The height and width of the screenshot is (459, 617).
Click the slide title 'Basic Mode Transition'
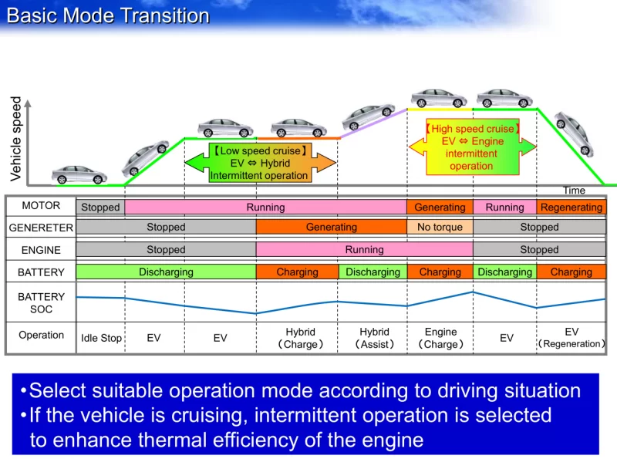[x=108, y=16]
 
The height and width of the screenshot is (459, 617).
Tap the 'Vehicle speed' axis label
[x=16, y=139]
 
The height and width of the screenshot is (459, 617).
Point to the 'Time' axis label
[x=574, y=191]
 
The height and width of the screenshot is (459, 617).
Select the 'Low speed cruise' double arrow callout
[x=261, y=163]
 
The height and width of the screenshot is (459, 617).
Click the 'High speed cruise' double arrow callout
[x=471, y=147]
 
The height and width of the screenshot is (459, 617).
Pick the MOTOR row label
[x=41, y=207]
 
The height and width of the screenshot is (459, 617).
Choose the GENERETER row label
[x=41, y=228]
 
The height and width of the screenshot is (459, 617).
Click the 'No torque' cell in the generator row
[x=440, y=228]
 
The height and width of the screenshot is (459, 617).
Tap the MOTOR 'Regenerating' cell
[x=571, y=208]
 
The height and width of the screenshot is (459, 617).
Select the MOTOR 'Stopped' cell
[x=100, y=208]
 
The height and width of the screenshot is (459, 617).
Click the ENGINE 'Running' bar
[x=364, y=250]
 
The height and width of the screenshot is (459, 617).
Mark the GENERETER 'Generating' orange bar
[x=331, y=228]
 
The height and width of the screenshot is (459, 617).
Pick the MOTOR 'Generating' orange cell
[x=440, y=208]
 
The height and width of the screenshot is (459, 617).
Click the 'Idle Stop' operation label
[x=101, y=339]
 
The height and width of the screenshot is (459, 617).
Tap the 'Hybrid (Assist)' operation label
[x=375, y=338]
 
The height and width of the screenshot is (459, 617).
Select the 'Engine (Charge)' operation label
[x=440, y=338]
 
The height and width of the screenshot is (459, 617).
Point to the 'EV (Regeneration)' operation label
[x=571, y=337]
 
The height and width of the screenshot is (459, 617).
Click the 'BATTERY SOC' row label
[x=41, y=302]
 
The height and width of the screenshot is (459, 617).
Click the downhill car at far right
[x=574, y=133]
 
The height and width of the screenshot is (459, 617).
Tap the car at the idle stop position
[x=79, y=174]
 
